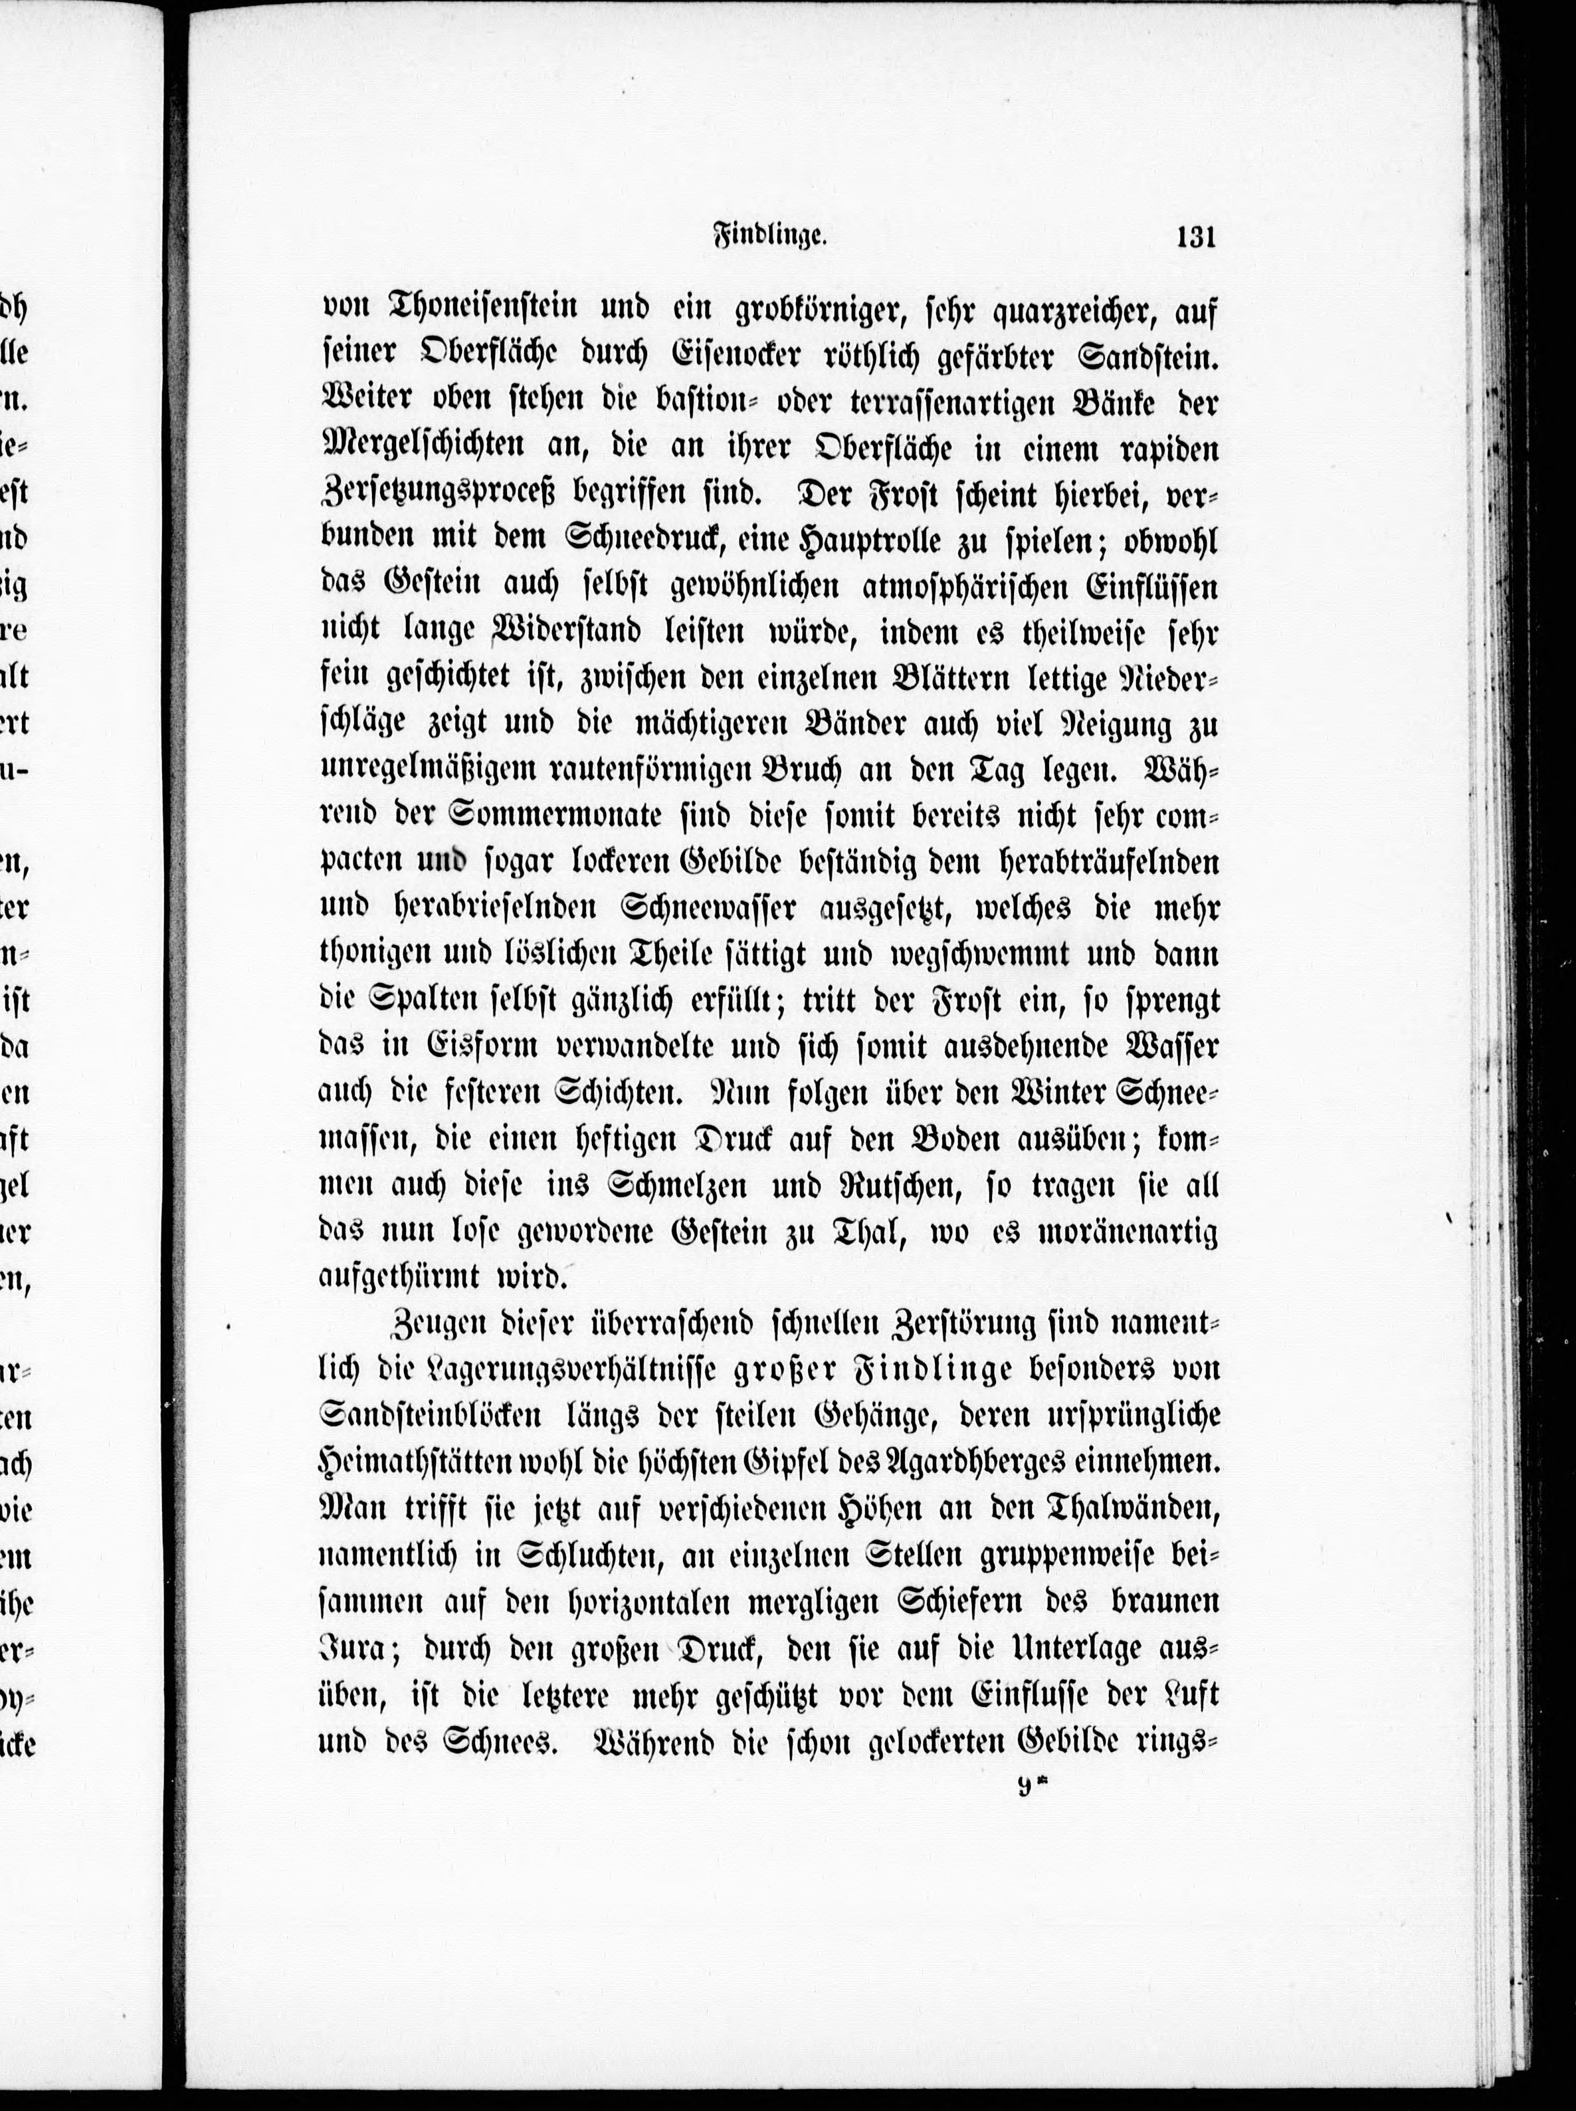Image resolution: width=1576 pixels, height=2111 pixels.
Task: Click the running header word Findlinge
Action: point(769,237)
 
